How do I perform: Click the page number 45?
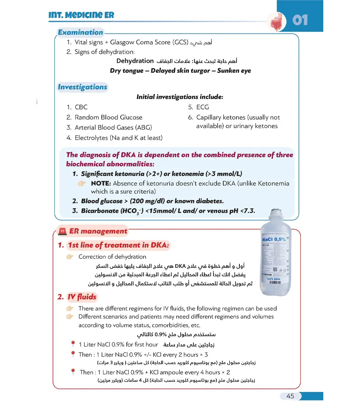coord(290,396)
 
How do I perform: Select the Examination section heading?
coord(81,32)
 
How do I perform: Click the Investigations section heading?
coord(82,87)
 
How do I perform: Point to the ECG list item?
coord(202,107)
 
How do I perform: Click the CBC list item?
coord(81,107)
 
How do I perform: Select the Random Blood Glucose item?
coord(108,117)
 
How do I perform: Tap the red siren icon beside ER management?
coord(62,232)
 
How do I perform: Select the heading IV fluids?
coord(82,297)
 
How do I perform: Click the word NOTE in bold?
coord(100,183)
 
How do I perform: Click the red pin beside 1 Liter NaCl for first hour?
coord(73,345)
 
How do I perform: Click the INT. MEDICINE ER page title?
coord(81,15)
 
